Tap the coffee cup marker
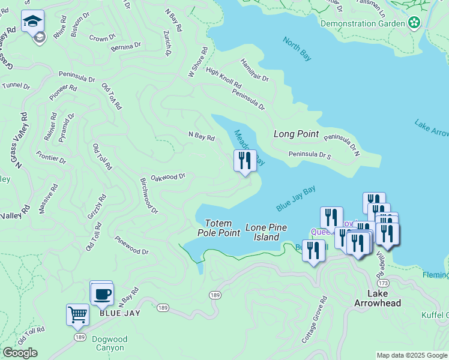102,294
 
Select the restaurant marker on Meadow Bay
245,161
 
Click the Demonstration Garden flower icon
414,23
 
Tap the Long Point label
296,134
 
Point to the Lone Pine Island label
266,232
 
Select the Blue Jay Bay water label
296,199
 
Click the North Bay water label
297,49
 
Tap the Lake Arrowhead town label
378,298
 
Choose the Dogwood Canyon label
109,343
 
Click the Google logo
20,353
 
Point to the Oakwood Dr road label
168,177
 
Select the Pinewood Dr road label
131,246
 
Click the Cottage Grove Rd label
315,320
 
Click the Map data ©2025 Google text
412,355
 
